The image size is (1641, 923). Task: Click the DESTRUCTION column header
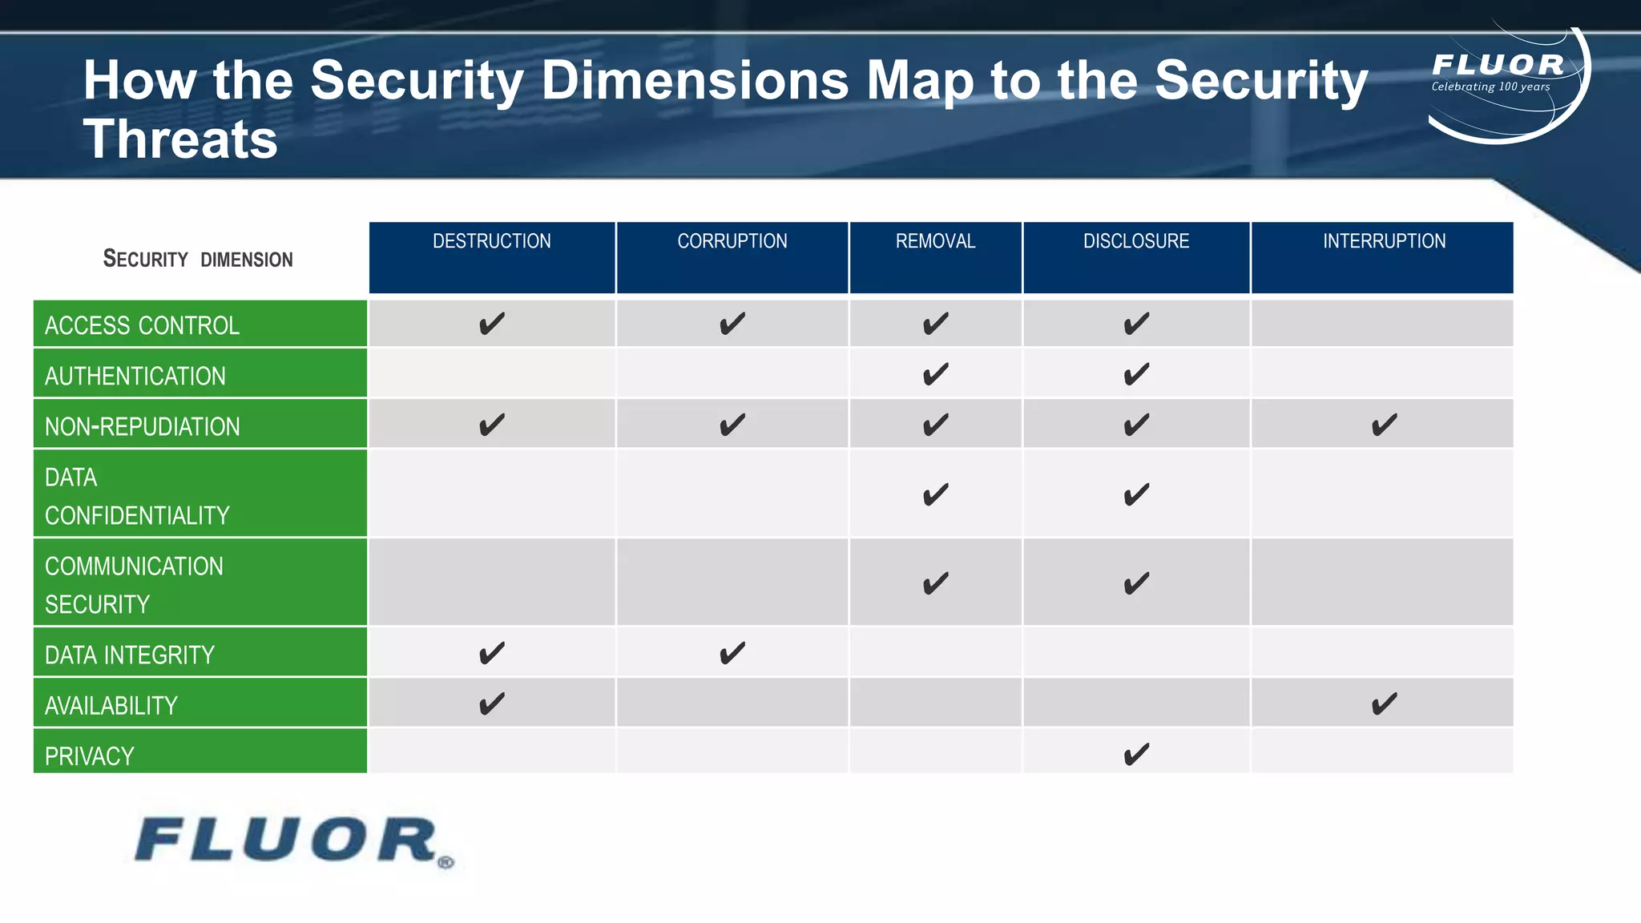point(491,241)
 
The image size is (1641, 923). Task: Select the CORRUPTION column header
point(732,241)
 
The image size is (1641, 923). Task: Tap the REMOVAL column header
point(935,241)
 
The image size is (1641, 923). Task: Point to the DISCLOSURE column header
point(1135,241)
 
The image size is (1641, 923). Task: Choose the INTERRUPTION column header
point(1384,241)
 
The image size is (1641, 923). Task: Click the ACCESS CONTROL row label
point(142,325)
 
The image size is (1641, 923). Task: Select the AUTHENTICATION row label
point(135,376)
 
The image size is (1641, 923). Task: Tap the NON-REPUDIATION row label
point(143,426)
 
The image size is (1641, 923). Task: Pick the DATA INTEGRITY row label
point(130,655)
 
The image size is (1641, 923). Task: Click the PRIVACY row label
point(90,756)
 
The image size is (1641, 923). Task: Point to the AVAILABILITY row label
point(111,705)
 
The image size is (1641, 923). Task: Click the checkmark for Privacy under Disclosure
point(1136,754)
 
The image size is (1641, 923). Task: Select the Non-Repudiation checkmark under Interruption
point(1384,425)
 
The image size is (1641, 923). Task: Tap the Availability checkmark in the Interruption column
point(1384,704)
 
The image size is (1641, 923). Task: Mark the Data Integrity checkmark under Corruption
point(732,653)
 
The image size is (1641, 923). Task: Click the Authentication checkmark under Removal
point(935,374)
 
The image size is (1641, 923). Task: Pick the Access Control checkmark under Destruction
point(492,324)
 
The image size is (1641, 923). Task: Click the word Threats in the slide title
point(180,139)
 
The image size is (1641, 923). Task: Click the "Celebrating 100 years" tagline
point(1490,87)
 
